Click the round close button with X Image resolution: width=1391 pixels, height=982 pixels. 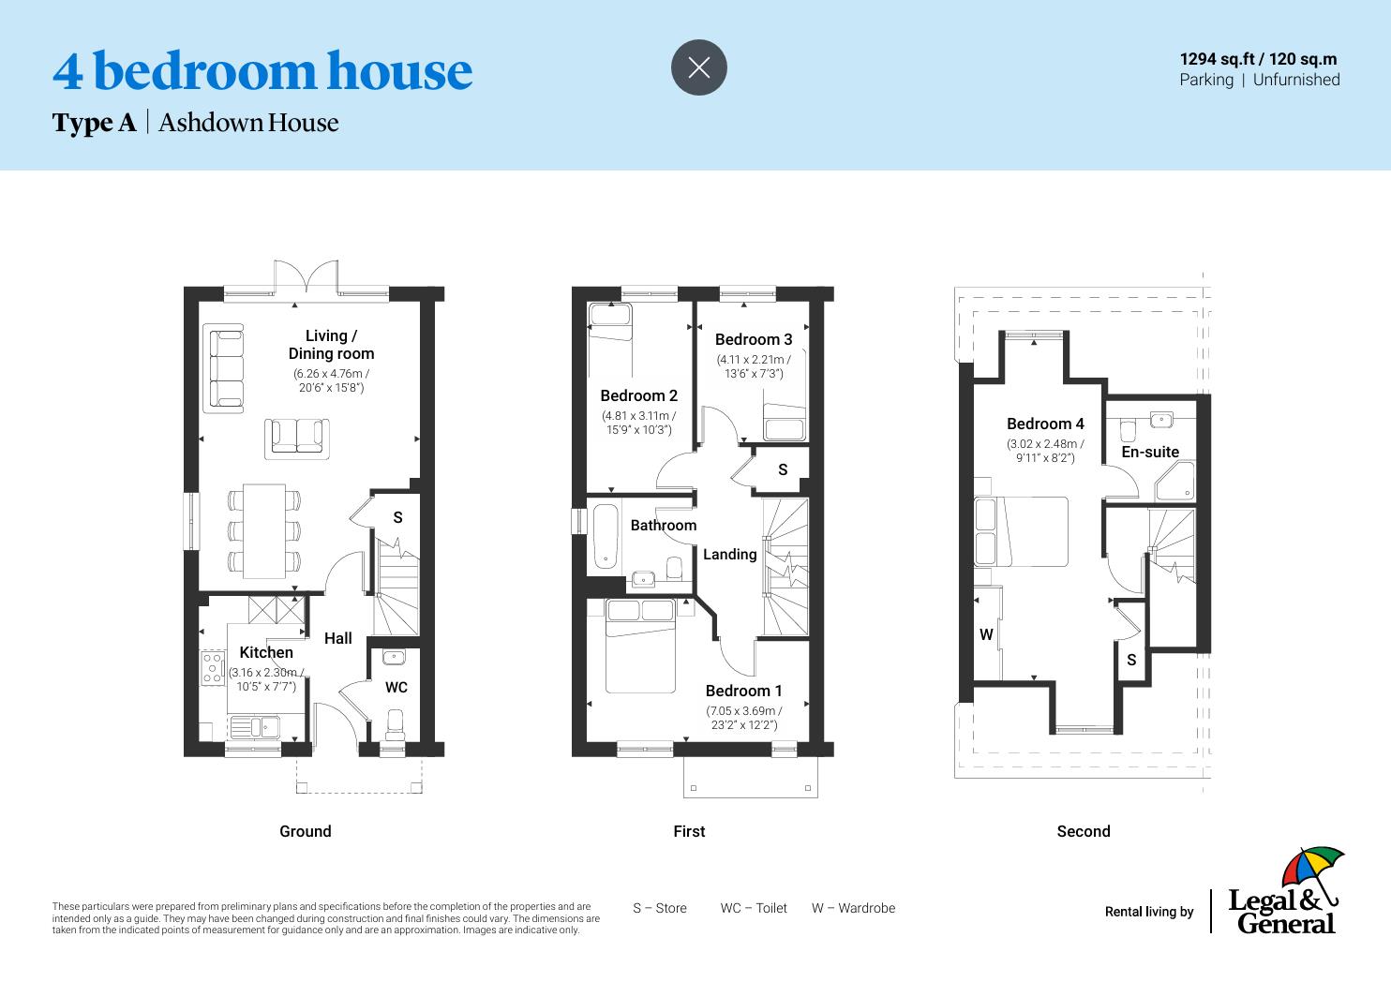698,67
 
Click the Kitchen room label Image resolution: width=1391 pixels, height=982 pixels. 266,652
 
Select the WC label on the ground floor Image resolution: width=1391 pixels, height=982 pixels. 396,687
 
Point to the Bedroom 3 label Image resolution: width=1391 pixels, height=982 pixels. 754,339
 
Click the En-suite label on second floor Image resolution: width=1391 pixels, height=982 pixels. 1150,452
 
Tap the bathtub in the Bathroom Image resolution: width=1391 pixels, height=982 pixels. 605,538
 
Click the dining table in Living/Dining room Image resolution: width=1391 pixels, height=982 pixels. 264,530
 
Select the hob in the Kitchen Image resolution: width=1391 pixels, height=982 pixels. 213,667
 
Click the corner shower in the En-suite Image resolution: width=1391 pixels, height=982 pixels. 1175,482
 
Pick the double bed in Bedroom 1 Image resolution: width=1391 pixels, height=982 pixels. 640,647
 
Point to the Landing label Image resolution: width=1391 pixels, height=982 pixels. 729,554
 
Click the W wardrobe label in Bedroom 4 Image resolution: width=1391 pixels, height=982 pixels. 986,634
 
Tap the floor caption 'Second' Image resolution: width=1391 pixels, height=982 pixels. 1083,831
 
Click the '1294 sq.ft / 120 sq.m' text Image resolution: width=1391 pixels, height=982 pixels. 1258,59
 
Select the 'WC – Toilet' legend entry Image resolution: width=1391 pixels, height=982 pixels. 754,908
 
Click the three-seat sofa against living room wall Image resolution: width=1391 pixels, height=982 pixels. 225,367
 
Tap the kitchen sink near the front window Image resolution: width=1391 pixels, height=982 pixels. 253,726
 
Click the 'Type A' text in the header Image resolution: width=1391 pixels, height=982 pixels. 94,123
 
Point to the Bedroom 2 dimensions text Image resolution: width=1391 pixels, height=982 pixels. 638,423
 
